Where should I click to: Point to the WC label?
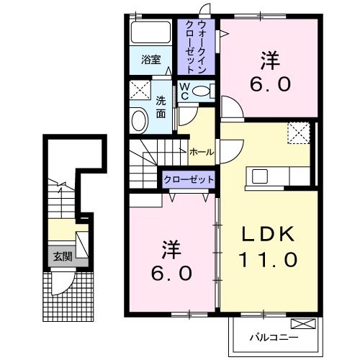[x=184, y=91]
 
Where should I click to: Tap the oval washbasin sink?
[x=138, y=120]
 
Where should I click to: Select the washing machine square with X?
[x=140, y=91]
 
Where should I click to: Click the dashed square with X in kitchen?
[x=297, y=132]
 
